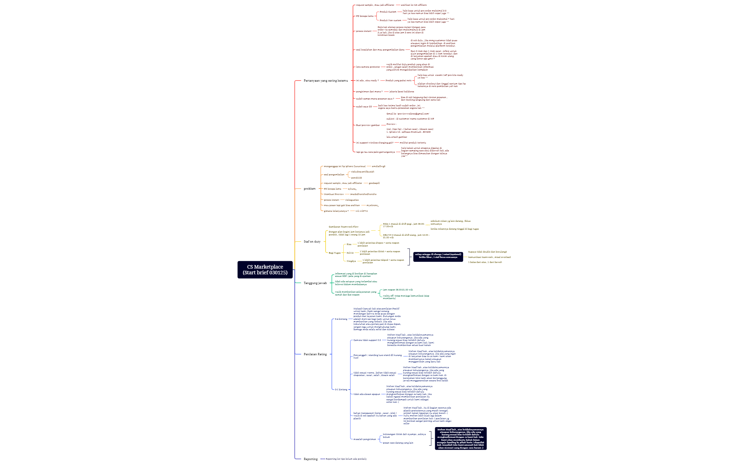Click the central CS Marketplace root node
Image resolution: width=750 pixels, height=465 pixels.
(x=265, y=270)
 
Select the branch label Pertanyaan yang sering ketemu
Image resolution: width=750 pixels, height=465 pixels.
(x=326, y=81)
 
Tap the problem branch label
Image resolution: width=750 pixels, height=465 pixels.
(x=309, y=189)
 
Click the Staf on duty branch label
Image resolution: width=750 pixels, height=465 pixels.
(x=312, y=242)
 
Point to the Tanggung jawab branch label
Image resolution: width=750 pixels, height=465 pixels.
(x=315, y=283)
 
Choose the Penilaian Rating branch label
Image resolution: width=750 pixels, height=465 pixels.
(x=315, y=354)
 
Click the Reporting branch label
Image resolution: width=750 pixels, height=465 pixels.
(x=310, y=459)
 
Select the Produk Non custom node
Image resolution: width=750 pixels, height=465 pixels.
(x=390, y=20)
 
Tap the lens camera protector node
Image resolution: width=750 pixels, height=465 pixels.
(x=368, y=67)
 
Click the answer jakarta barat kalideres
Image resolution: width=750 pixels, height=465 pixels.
(x=401, y=92)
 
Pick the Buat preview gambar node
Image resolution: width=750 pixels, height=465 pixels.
(x=368, y=125)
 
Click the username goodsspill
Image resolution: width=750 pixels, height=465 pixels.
(x=374, y=183)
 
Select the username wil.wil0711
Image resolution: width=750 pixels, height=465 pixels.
(x=361, y=211)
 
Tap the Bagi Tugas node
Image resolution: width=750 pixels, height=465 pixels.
(x=334, y=253)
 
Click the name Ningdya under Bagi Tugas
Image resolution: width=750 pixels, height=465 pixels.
(x=351, y=261)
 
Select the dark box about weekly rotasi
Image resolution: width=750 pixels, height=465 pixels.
(x=438, y=256)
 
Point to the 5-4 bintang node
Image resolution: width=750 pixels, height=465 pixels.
(x=341, y=319)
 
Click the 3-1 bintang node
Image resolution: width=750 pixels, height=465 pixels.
(x=341, y=390)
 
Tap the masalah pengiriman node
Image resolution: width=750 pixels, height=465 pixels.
(x=364, y=439)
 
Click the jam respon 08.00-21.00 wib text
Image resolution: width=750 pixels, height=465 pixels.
(x=398, y=290)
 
